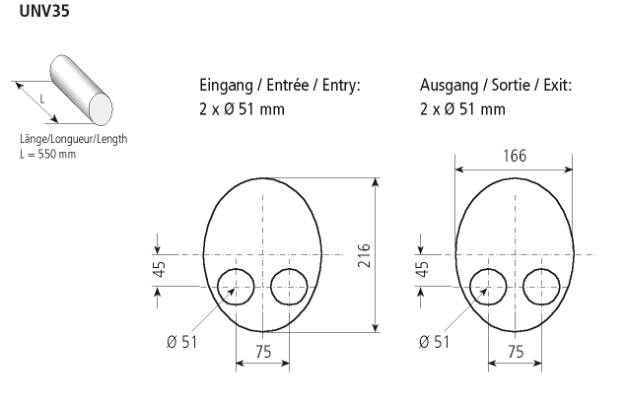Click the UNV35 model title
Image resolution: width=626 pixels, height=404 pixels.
coord(44,11)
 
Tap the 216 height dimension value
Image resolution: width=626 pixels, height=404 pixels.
coord(364,255)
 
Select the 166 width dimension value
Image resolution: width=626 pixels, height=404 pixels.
coord(515,156)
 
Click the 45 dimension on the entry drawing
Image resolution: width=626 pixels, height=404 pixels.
coord(159,269)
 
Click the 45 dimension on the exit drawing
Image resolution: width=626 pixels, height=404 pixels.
coord(422,269)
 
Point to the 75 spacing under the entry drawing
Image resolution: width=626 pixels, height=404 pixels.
coord(263,352)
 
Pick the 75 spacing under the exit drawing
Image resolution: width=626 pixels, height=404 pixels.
coord(516,352)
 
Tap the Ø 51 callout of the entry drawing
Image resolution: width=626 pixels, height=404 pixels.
coord(182,342)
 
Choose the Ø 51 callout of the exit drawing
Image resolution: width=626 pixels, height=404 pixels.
coord(435,342)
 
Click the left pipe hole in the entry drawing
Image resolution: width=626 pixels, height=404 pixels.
coord(218,287)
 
